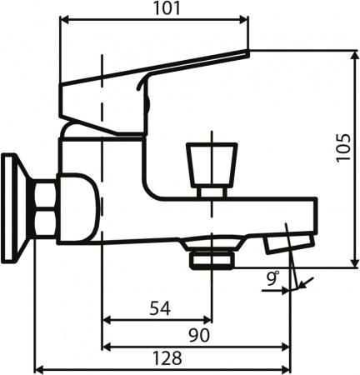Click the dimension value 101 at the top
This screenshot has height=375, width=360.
[154, 9]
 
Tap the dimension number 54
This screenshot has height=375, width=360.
[160, 307]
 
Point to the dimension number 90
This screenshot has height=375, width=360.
[197, 334]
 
